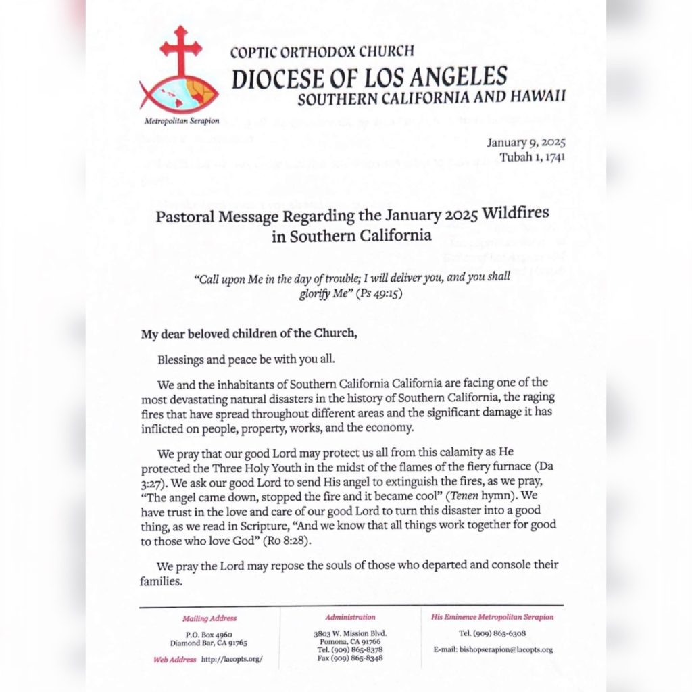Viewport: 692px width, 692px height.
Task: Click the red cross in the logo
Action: click(x=180, y=51)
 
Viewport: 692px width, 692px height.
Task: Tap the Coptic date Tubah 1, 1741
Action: click(x=531, y=157)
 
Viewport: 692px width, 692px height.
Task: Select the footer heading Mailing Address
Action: click(x=209, y=618)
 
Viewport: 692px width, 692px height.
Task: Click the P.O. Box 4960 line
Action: click(x=209, y=634)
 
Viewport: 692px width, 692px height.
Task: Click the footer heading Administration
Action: click(x=350, y=617)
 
